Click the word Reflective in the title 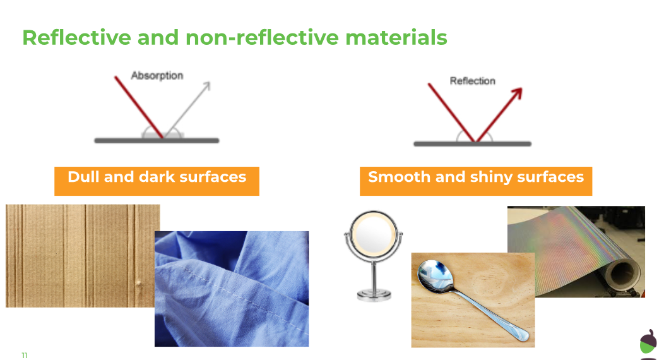coord(76,37)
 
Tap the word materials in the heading coord(396,37)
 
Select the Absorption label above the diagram coord(157,75)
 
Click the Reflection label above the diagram coord(473,81)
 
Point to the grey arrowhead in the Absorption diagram coord(206,86)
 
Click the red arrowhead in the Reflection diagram coord(518,93)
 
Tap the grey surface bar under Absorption coord(157,141)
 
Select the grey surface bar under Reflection coord(473,144)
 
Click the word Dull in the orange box coord(84,177)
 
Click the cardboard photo coord(80,256)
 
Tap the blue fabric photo coord(232,289)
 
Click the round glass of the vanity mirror coord(373,233)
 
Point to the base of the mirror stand coord(374,294)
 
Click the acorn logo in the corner coord(648,341)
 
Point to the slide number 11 coord(25,356)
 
